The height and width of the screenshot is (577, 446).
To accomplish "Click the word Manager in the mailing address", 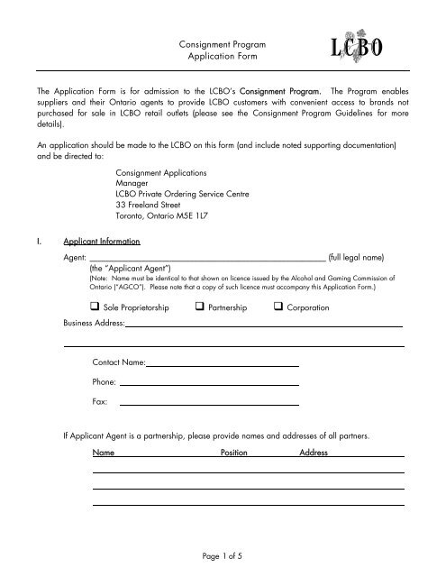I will [x=136, y=179].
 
